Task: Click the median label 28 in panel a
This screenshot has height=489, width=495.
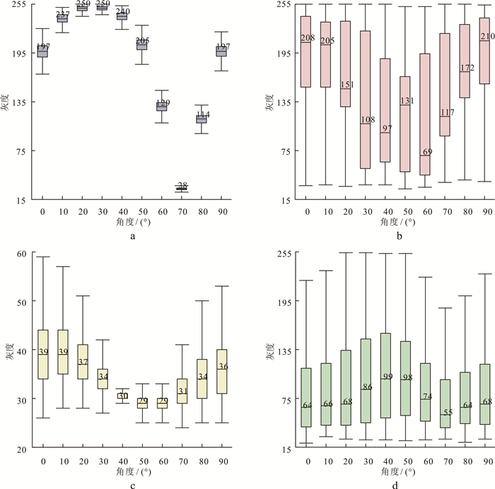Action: click(x=182, y=185)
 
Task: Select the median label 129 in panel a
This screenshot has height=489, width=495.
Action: click(x=163, y=103)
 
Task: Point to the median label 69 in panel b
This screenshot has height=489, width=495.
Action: click(x=426, y=152)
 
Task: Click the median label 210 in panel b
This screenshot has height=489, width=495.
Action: click(x=487, y=37)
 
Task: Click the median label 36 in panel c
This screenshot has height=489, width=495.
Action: click(x=223, y=366)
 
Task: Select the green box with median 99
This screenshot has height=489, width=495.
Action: click(x=387, y=375)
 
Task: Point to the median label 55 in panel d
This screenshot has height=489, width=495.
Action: click(x=446, y=412)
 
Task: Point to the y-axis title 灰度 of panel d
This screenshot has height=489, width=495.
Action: click(x=270, y=350)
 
